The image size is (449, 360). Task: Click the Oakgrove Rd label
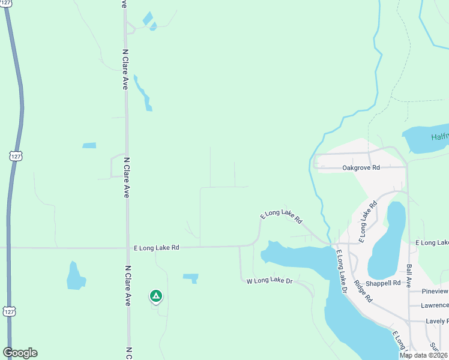click(x=361, y=168)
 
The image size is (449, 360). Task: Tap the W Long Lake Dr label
click(x=270, y=280)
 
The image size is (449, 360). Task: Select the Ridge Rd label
click(x=364, y=291)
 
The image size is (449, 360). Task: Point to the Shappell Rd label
click(x=384, y=283)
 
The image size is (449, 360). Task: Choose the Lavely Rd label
click(x=436, y=321)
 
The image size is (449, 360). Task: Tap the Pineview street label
click(x=435, y=291)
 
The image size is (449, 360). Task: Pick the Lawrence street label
click(x=435, y=305)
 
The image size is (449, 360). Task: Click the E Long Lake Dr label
click(x=342, y=271)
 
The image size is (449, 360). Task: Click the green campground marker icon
click(x=155, y=296)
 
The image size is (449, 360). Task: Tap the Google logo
click(x=20, y=353)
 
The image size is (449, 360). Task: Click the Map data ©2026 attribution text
click(x=424, y=355)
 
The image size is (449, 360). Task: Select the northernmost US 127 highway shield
click(x=15, y=155)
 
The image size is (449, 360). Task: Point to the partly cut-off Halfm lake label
click(x=439, y=137)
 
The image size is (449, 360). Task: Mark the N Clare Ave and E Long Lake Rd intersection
click(x=127, y=247)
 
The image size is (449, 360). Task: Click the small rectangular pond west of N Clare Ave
click(x=89, y=145)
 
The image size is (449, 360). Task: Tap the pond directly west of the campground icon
click(x=75, y=277)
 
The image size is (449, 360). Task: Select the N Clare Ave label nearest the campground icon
click(x=128, y=286)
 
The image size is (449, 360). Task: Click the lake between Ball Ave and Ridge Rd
click(x=387, y=240)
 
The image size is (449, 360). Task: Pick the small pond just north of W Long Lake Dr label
click(x=191, y=277)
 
